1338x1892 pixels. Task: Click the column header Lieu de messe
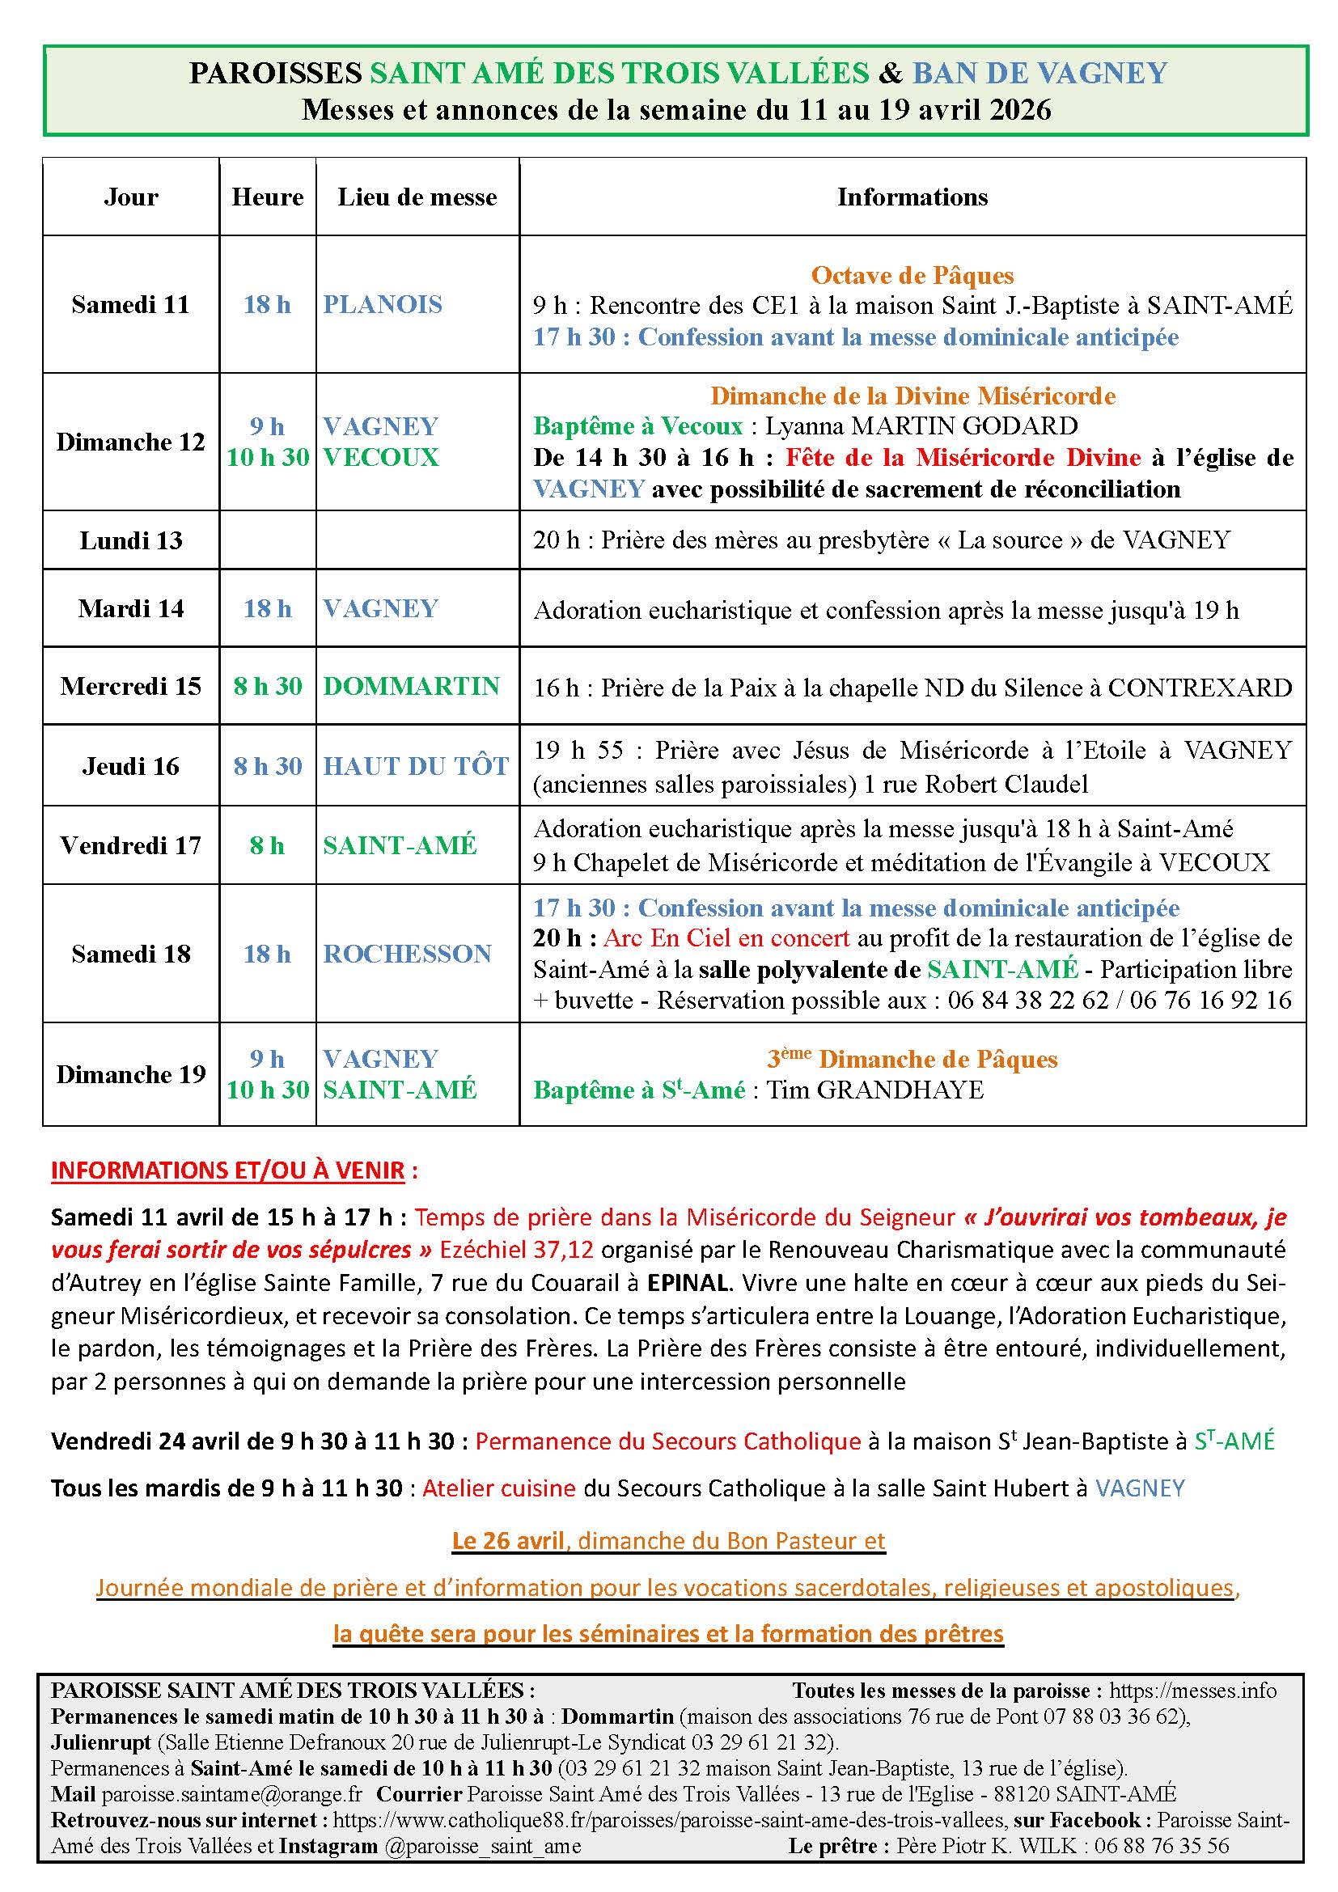[x=417, y=197]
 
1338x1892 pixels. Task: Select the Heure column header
[x=267, y=197]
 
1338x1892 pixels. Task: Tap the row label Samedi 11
[x=130, y=304]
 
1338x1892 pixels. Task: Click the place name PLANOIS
[x=383, y=304]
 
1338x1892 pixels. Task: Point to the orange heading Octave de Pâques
[x=912, y=275]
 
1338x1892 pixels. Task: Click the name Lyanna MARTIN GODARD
[x=921, y=426]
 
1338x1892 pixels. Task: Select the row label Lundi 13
[x=130, y=540]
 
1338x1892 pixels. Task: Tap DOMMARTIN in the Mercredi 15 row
[x=411, y=687]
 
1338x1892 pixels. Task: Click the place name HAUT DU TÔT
[x=416, y=766]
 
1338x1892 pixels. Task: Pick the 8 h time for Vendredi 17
[x=267, y=845]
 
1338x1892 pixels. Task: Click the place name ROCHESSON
[x=407, y=954]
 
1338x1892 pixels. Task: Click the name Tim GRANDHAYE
[x=875, y=1090]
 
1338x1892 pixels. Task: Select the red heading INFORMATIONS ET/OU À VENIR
[x=228, y=1171]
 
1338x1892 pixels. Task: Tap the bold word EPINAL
[x=687, y=1283]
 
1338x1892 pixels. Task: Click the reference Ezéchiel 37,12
[x=517, y=1250]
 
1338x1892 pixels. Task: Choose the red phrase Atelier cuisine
[x=498, y=1488]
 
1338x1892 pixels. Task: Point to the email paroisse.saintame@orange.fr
[x=231, y=1794]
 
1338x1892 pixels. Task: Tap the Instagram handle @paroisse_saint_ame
[x=482, y=1847]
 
